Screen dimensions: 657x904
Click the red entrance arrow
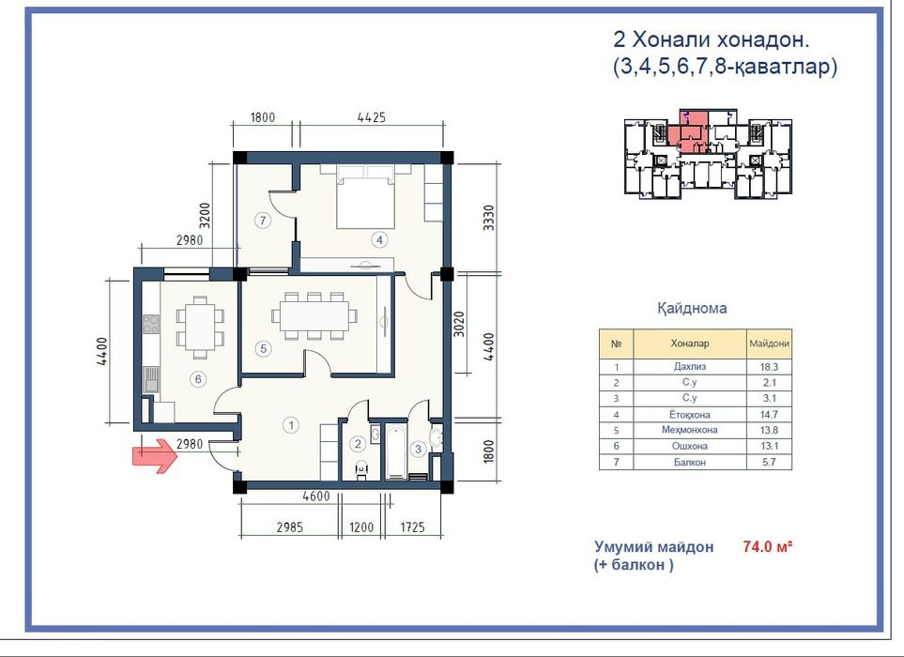point(154,456)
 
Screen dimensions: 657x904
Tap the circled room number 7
point(264,221)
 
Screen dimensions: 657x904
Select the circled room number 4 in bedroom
point(379,239)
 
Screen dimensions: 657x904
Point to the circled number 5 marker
point(264,348)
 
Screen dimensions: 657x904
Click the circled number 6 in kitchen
point(197,379)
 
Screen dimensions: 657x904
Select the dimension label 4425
point(373,118)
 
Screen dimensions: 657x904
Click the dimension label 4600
point(317,498)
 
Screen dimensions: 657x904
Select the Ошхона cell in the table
point(690,446)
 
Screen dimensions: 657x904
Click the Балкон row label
point(690,462)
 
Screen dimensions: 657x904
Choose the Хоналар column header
point(690,344)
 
